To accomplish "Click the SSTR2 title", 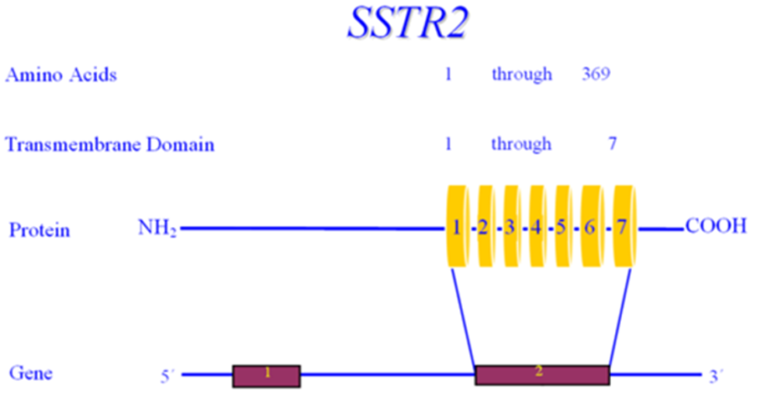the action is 408,22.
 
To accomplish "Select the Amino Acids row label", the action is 61,75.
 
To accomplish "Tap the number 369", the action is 596,74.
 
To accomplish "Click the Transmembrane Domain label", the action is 109,144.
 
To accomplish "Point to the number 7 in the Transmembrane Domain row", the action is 613,143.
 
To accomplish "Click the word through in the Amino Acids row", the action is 522,74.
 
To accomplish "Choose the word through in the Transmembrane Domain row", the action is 521,144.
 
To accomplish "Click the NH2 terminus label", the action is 157,228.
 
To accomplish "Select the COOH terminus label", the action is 716,226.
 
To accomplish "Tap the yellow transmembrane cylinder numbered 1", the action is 458,226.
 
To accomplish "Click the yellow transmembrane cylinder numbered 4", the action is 537,226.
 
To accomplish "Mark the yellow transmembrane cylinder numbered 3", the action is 511,226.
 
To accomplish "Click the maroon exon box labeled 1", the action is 267,376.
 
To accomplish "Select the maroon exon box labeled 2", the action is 542,375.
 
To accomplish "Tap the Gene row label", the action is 31,373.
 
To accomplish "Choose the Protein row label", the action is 40,230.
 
